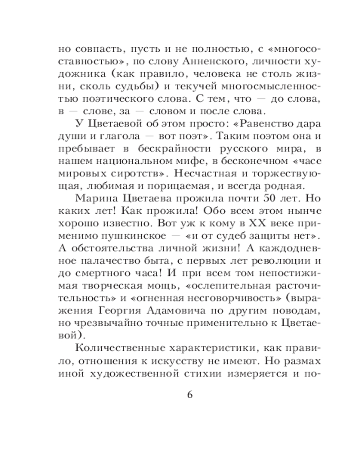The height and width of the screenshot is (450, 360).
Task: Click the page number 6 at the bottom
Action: coord(189,395)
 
